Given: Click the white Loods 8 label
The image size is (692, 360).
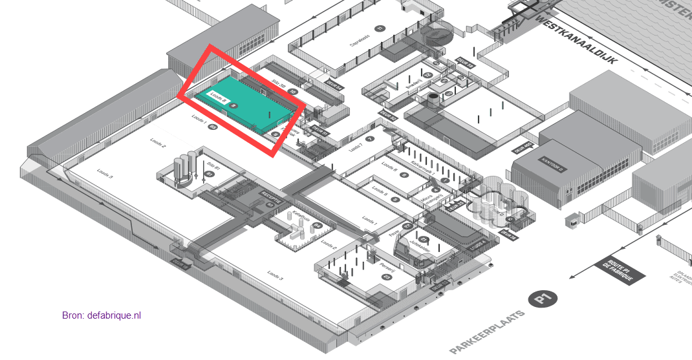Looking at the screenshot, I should [218, 96].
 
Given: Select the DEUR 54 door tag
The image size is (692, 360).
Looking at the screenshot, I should [334, 85].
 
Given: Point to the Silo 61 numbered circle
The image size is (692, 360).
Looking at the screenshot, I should [209, 175].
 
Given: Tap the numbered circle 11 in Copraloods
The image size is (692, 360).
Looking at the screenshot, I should [380, 28].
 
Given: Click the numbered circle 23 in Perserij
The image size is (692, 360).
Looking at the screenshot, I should [387, 278].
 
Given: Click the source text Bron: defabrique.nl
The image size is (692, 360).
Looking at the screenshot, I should [102, 315].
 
